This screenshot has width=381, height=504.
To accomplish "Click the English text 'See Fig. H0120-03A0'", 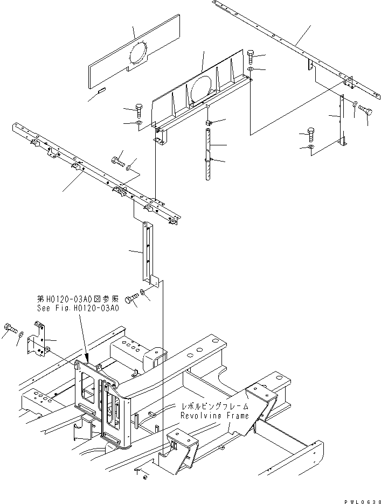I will pyautogui.click(x=78, y=309).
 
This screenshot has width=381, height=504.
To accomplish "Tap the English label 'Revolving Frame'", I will pyautogui.click(x=214, y=416).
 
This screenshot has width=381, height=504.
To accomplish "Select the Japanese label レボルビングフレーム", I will pyautogui.click(x=214, y=407).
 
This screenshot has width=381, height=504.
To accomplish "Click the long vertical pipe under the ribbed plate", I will pyautogui.click(x=208, y=156).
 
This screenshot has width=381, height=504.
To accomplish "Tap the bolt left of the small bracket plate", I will pyautogui.click(x=9, y=327).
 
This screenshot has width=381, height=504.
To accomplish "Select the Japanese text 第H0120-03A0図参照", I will pyautogui.click(x=78, y=299).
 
